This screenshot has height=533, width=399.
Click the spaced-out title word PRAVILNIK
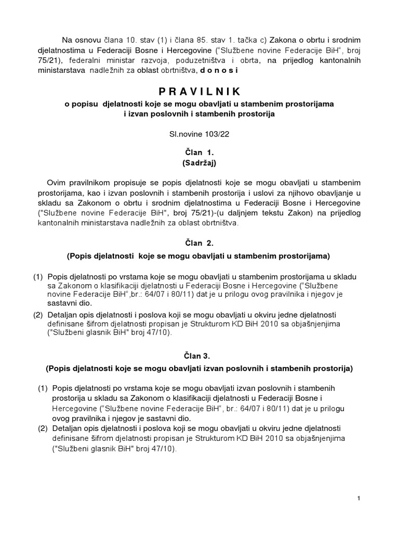[200, 92]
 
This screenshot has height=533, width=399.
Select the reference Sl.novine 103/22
[199, 134]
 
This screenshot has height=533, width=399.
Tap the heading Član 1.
[199, 153]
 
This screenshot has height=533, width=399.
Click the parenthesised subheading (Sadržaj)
[199, 162]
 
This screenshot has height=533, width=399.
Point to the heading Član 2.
[199, 242]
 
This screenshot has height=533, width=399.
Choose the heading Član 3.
[199, 356]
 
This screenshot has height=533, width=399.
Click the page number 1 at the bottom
[359, 499]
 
